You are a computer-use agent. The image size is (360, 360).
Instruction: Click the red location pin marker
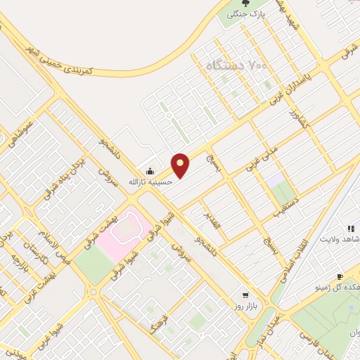coord(181,165)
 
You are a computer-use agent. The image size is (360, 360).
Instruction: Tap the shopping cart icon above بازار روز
coord(245,295)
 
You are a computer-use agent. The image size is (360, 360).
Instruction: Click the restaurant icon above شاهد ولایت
coord(349,229)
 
